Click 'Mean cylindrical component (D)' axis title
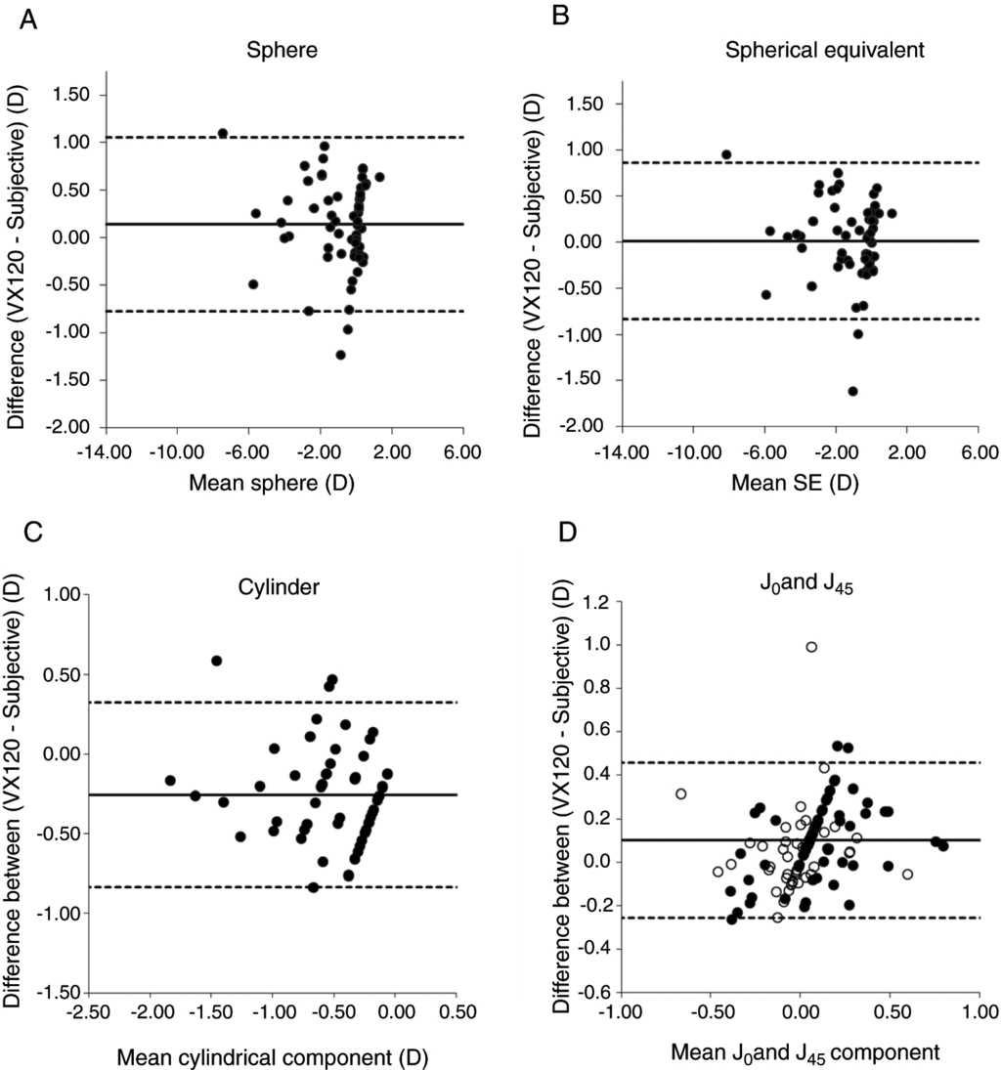(x=273, y=1054)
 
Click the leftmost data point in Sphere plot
(x=223, y=133)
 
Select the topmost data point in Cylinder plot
(x=217, y=661)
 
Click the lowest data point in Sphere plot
(x=340, y=355)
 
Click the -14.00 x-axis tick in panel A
(x=106, y=452)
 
